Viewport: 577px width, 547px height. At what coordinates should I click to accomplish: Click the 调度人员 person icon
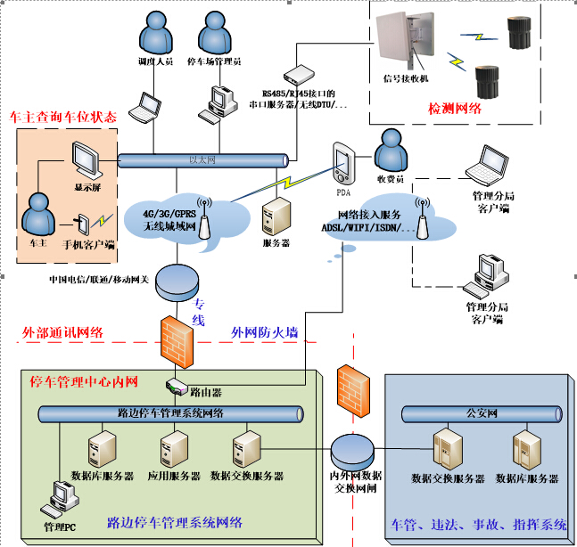click(x=156, y=33)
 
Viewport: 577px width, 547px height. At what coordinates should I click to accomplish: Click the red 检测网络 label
click(x=455, y=109)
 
